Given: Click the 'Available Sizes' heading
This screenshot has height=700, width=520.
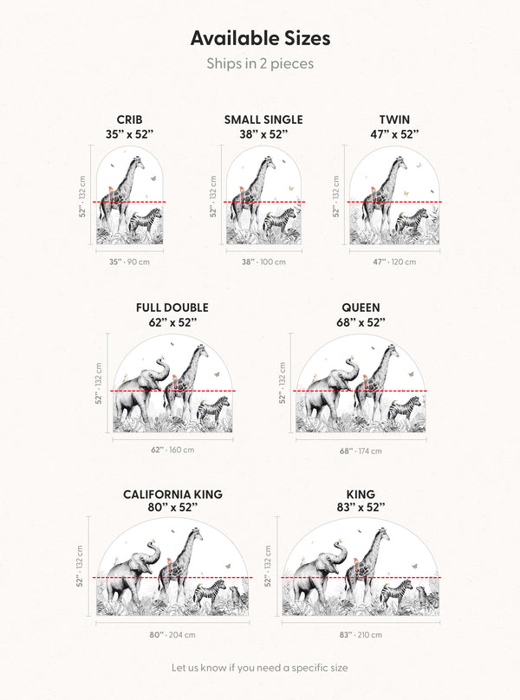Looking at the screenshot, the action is click(x=260, y=38).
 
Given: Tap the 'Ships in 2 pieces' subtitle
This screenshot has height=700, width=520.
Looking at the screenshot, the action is click(x=260, y=63).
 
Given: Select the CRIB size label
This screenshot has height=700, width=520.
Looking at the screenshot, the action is click(x=129, y=120).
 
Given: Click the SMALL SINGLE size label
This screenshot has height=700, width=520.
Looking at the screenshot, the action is click(x=263, y=120).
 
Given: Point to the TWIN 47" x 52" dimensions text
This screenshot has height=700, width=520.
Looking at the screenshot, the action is click(x=394, y=134).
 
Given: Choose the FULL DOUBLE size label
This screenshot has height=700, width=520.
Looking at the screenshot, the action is click(x=172, y=308).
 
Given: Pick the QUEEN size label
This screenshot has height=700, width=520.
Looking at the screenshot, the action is click(x=361, y=308).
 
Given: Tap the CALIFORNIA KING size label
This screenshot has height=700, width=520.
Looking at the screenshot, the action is click(x=172, y=494).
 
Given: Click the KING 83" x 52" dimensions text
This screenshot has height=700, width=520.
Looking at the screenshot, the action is click(x=361, y=507).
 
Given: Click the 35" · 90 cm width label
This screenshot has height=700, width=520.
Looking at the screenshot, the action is click(x=129, y=262).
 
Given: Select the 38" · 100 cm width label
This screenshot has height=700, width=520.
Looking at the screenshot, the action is click(x=263, y=262).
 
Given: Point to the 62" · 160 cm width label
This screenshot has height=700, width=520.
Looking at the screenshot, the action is click(x=172, y=450).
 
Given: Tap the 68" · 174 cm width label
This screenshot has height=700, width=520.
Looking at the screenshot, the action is click(x=361, y=450).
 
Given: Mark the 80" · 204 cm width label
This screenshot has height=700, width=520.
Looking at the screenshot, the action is click(x=172, y=634).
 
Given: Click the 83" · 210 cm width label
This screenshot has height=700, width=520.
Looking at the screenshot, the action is click(x=361, y=634).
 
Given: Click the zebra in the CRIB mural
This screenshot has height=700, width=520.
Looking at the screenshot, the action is click(x=146, y=221).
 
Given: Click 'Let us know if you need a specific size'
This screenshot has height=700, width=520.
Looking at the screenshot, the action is click(x=259, y=668).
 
